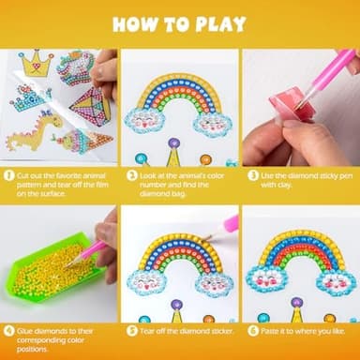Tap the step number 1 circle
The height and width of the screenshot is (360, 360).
(x=9, y=175)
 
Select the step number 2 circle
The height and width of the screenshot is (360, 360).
(x=131, y=175)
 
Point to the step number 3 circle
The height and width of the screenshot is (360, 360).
(x=253, y=175)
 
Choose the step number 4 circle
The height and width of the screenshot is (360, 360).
(x=9, y=331)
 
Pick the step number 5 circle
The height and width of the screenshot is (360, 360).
(x=131, y=331)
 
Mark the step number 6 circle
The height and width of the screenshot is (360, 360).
(x=253, y=331)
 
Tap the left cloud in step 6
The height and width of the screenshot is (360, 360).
(x=272, y=280)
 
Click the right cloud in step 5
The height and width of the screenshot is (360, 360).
(x=212, y=278)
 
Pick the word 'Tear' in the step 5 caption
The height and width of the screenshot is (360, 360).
(x=147, y=331)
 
